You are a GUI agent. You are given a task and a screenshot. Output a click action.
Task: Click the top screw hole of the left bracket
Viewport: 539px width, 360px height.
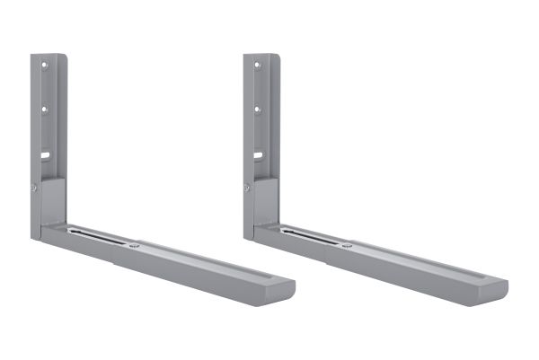45,66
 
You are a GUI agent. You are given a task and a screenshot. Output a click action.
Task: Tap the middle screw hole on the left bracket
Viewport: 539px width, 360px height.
45,110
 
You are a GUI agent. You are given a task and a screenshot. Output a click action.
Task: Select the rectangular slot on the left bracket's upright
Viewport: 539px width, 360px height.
44,155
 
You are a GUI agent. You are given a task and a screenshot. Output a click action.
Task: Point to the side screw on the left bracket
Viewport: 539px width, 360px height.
34,187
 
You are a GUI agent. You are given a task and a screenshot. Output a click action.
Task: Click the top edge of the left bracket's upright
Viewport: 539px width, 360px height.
49,56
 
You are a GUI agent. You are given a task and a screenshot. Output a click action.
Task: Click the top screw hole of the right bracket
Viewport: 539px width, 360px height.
257,66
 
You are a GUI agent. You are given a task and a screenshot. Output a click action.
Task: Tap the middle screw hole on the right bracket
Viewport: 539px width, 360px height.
257,110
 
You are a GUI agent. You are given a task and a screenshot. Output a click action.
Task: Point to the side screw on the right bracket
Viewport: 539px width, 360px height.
246,187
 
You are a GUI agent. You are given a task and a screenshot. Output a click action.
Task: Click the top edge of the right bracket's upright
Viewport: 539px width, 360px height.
261,56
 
